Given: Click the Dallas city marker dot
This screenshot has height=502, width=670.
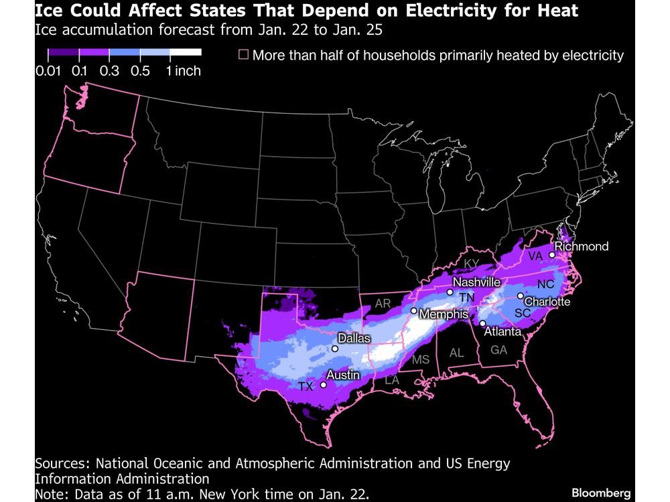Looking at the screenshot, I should pyautogui.click(x=335, y=349).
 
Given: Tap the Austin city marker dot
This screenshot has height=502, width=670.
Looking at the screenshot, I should pyautogui.click(x=324, y=385).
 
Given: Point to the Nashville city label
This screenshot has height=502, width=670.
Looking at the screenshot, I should pyautogui.click(x=477, y=282).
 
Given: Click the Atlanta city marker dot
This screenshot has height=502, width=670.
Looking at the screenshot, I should pyautogui.click(x=482, y=323).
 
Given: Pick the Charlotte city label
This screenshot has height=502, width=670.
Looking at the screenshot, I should pyautogui.click(x=547, y=302).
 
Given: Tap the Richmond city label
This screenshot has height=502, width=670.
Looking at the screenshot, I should pyautogui.click(x=582, y=246).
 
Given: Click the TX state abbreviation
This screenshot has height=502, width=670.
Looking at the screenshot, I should pyautogui.click(x=306, y=386).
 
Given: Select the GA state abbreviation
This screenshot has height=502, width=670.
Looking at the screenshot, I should pyautogui.click(x=498, y=349).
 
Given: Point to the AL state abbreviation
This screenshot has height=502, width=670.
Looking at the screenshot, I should pyautogui.click(x=457, y=352).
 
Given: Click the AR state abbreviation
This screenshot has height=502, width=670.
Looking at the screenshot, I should pyautogui.click(x=383, y=303).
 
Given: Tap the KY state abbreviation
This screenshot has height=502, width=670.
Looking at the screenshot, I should pyautogui.click(x=472, y=263).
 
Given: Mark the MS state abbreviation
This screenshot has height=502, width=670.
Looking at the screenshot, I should pyautogui.click(x=421, y=360).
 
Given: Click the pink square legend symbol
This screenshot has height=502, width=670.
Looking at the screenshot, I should pyautogui.click(x=243, y=54).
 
